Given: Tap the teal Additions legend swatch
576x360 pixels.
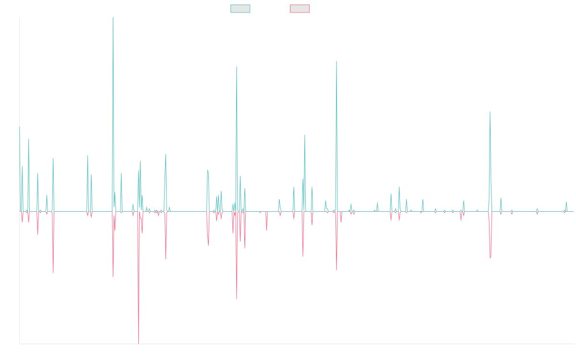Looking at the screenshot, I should (240, 9).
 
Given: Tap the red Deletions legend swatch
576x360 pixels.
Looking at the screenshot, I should (300, 9).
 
